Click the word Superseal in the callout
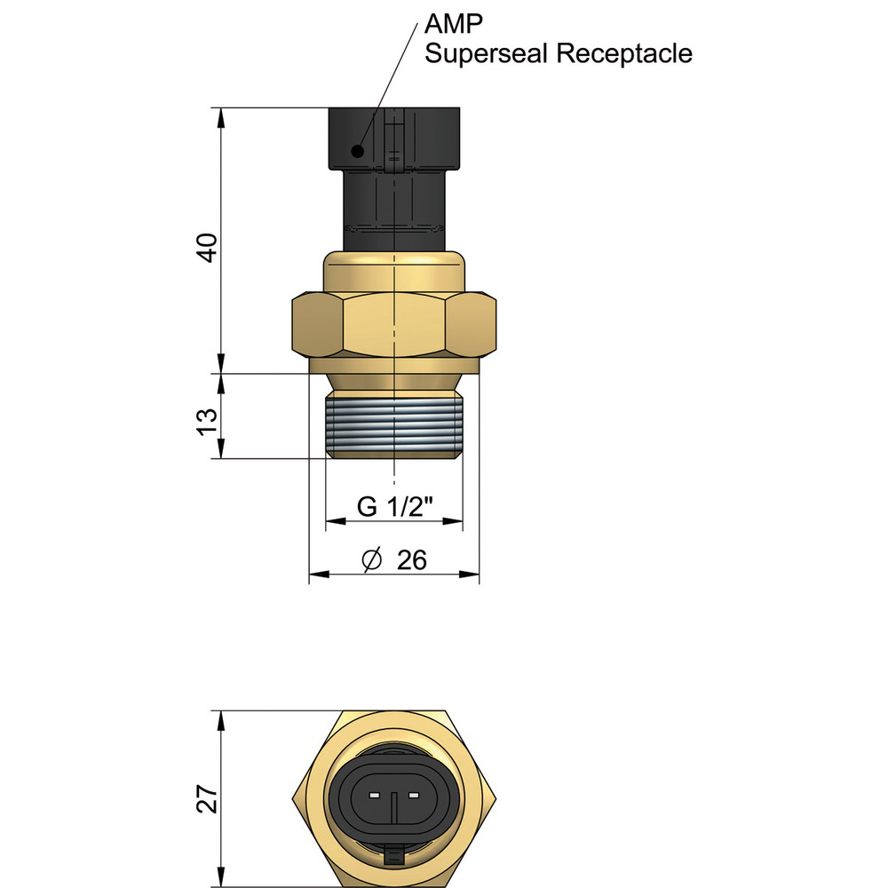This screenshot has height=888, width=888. coord(487,53)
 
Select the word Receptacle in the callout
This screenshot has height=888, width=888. coord(623,53)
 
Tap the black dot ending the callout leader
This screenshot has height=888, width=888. coord(357,151)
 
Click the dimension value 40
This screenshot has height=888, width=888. coord(206,248)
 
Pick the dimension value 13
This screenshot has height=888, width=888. coord(206,420)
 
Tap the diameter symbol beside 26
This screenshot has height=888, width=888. coord(372,559)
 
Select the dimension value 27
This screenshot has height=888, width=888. coord(206,799)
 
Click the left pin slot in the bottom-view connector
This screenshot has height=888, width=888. coord(374,793)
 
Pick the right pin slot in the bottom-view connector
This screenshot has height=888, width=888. coord(413,793)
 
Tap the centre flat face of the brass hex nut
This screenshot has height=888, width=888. coord(393,326)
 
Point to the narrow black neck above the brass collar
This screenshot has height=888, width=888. coord(393,213)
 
